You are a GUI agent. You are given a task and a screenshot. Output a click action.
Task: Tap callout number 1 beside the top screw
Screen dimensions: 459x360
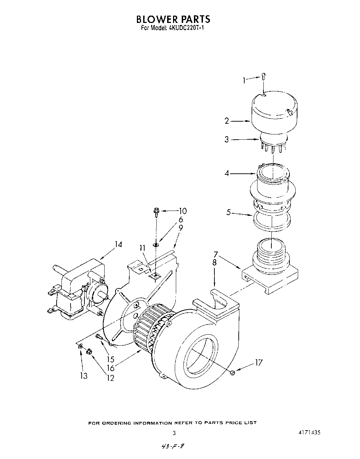[244, 81]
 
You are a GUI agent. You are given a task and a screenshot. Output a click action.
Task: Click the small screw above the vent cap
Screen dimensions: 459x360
[263, 76]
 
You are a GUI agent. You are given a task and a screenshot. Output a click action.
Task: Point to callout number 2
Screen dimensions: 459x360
[227, 121]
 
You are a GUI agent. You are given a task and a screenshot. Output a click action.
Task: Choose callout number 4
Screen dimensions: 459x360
[227, 173]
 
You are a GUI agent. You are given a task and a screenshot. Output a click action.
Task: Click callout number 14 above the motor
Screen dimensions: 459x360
[118, 244]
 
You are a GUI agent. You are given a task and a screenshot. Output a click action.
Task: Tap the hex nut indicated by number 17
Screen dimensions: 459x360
[233, 373]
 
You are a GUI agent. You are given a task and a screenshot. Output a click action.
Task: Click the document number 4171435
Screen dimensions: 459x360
[309, 433]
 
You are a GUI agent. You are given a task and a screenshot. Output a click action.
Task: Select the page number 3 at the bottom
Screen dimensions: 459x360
[174, 433]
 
